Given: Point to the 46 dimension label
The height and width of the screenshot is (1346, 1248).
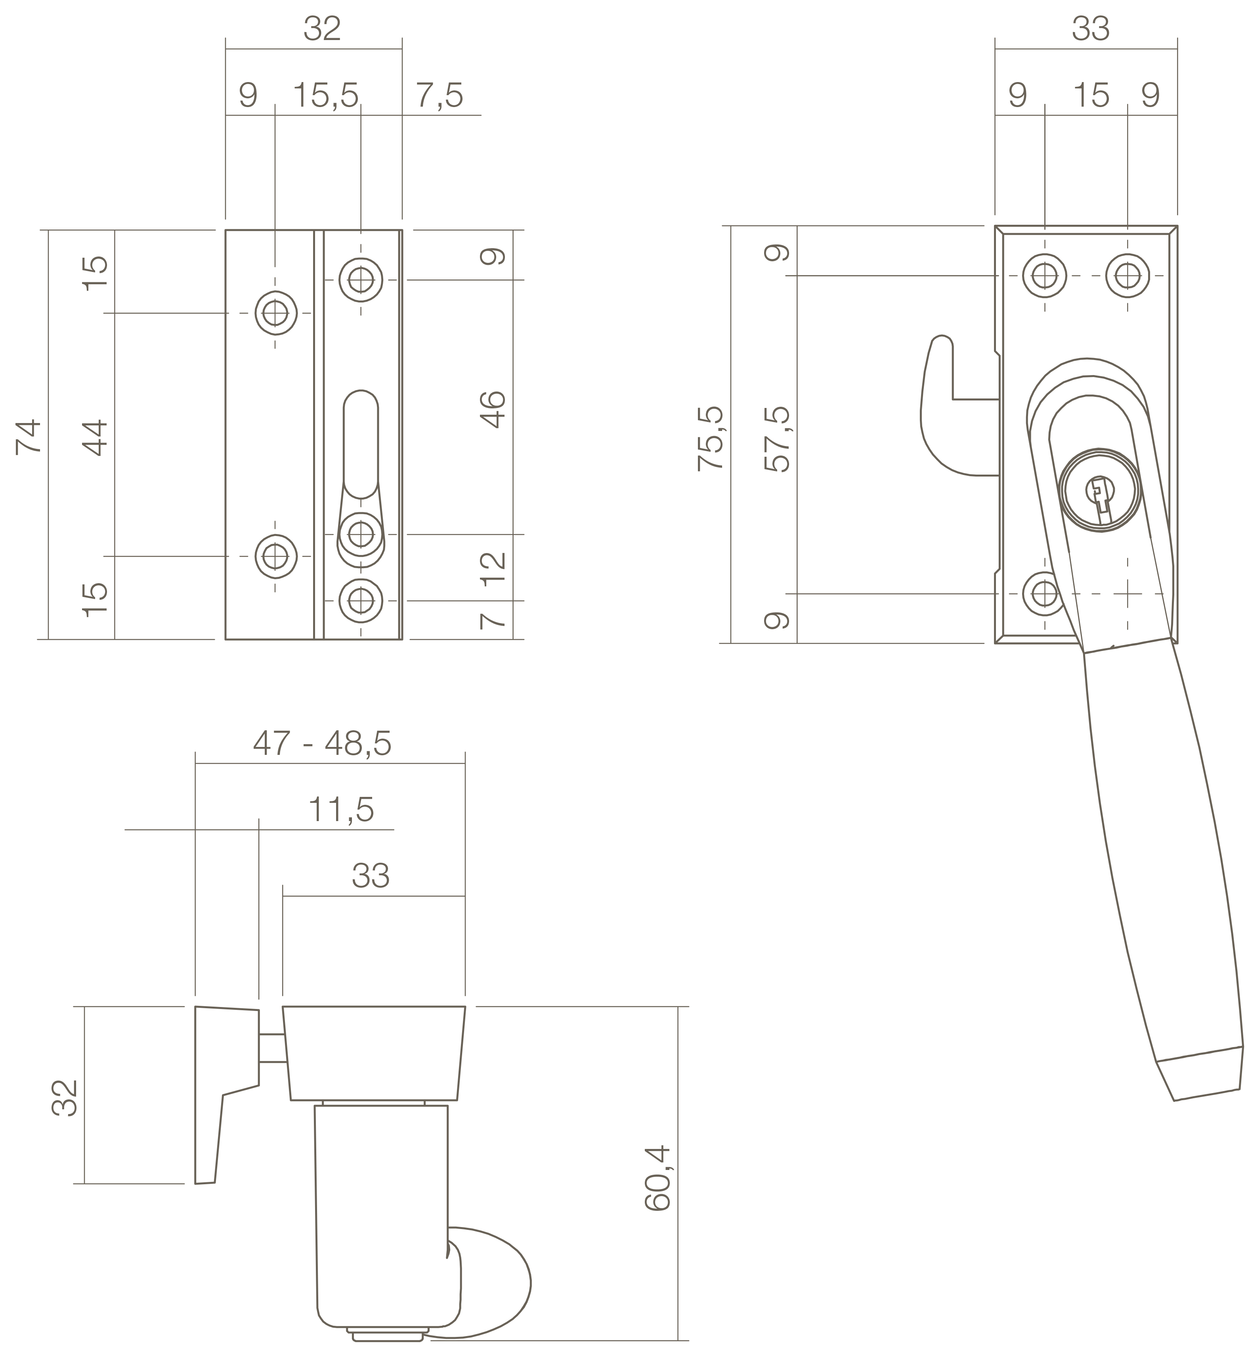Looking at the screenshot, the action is (494, 410).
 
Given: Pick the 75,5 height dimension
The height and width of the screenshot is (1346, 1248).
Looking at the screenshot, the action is (711, 438).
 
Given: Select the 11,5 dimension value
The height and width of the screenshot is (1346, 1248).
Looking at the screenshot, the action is (341, 810).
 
